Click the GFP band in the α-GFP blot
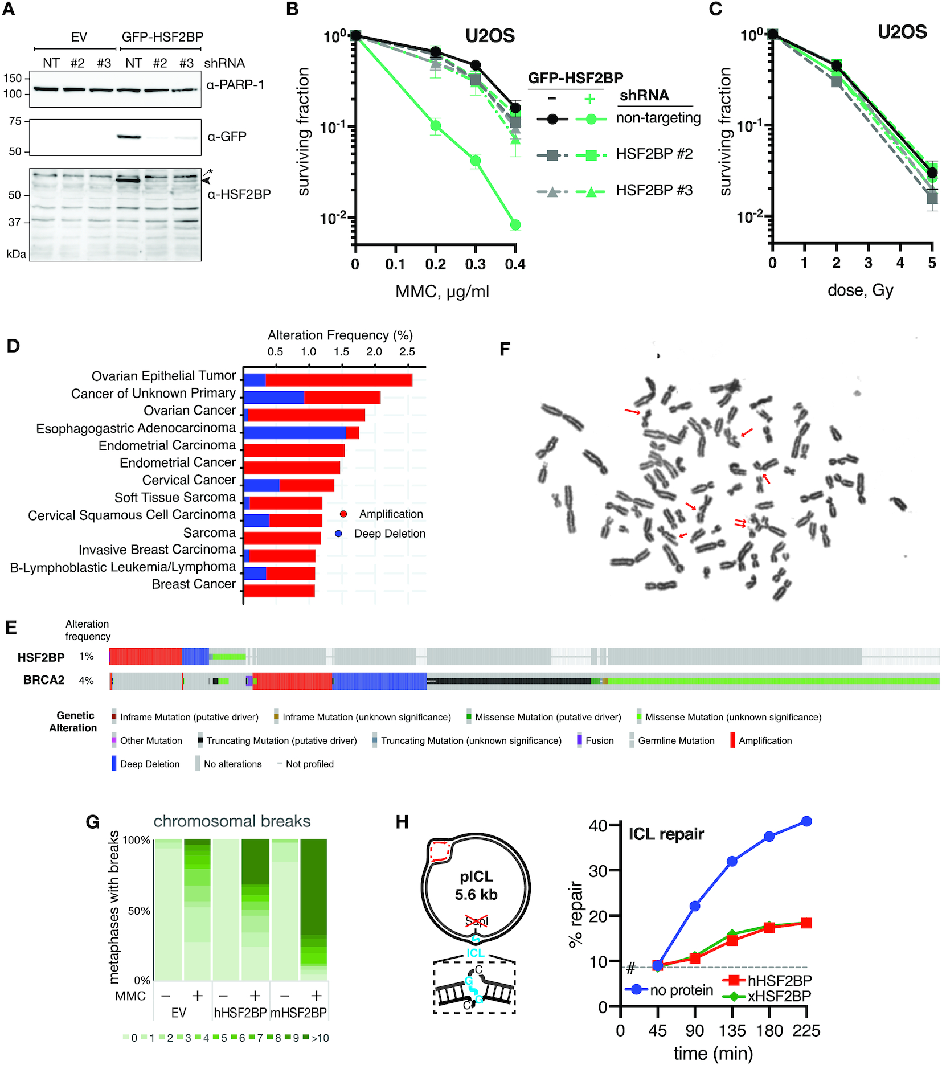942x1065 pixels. (129, 137)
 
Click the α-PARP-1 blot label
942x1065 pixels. (235, 85)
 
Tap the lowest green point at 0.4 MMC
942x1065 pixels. (515, 225)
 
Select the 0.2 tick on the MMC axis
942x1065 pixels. (435, 264)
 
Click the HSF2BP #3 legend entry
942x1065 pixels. (654, 190)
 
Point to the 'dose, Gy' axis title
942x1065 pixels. (860, 290)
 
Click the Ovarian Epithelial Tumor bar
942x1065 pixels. (327, 380)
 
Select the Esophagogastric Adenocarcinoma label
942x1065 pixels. (136, 428)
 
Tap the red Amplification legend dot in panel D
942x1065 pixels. (343, 514)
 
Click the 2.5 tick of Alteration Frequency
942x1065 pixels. (407, 352)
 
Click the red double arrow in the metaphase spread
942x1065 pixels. (740, 522)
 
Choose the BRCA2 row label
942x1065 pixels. (43, 680)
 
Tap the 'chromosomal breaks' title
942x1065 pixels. (232, 821)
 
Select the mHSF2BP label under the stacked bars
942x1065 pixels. (298, 1013)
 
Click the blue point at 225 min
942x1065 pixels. (806, 821)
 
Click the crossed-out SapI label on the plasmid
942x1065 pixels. (476, 921)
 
